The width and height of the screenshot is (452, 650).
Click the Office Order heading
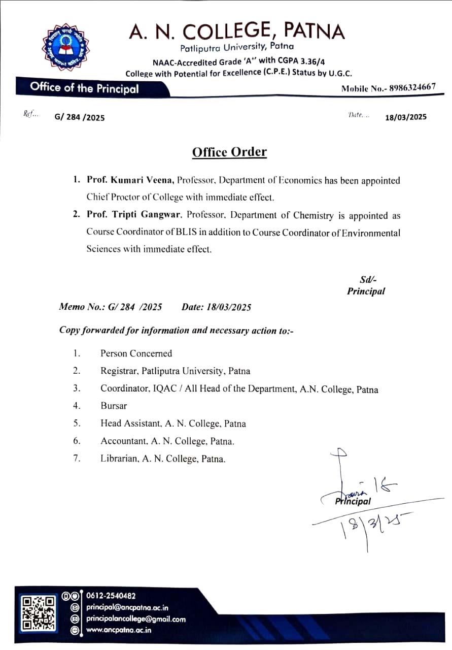pos(229,152)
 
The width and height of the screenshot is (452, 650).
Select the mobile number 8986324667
pos(412,87)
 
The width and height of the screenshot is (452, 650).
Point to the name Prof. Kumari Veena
pos(130,180)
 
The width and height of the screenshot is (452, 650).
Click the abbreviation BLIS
pos(197,233)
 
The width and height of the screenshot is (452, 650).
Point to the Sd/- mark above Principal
pos(368,279)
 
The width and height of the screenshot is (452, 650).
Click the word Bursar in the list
pos(114,406)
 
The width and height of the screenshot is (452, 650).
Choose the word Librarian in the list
pos(119,459)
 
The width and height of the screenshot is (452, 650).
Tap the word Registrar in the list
pos(119,371)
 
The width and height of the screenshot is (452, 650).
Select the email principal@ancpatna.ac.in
pos(127,607)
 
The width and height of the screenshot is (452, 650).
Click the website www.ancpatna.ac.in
pos(119,630)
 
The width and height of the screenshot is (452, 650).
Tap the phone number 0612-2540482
pos(111,596)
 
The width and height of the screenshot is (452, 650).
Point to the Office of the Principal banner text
pos(84,87)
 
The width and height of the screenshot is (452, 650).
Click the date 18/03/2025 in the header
pos(406,117)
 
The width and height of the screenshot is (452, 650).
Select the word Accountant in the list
pos(121,441)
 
